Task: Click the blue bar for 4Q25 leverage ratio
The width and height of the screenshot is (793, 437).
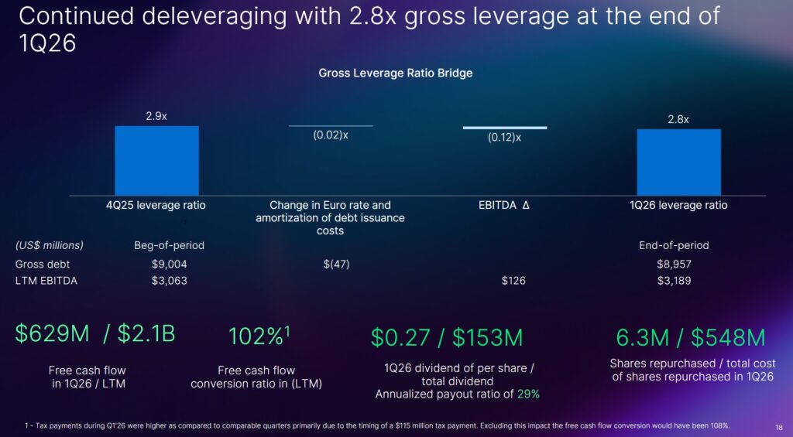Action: tap(156, 160)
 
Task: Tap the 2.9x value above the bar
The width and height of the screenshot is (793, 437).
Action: tap(156, 116)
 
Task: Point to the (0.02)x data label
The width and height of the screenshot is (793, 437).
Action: tap(331, 135)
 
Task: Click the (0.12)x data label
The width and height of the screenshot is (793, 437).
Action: tap(504, 138)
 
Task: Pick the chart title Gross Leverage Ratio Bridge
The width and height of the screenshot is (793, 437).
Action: tap(396, 73)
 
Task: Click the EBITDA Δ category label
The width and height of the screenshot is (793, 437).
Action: tap(504, 206)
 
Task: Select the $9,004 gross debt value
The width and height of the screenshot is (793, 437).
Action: tap(169, 264)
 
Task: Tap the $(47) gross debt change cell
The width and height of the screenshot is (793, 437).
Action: tap(336, 264)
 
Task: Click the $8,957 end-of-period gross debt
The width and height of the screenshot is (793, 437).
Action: tap(674, 264)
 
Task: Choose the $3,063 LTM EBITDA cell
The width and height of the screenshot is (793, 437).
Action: tap(169, 281)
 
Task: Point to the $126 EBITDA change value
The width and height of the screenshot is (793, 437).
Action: tap(513, 281)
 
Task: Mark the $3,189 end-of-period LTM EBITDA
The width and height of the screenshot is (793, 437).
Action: tap(674, 281)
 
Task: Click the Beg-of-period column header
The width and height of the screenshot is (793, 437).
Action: tap(169, 246)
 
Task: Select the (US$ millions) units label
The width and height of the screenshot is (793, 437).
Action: tap(50, 246)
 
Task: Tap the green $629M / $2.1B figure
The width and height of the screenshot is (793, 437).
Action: tap(95, 334)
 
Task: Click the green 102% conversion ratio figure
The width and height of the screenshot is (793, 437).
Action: tap(259, 336)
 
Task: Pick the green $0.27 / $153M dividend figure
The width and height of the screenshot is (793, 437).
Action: tap(447, 337)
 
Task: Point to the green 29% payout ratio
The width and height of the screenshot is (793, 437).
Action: tap(528, 394)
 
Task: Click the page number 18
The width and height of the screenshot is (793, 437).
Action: tap(778, 426)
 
